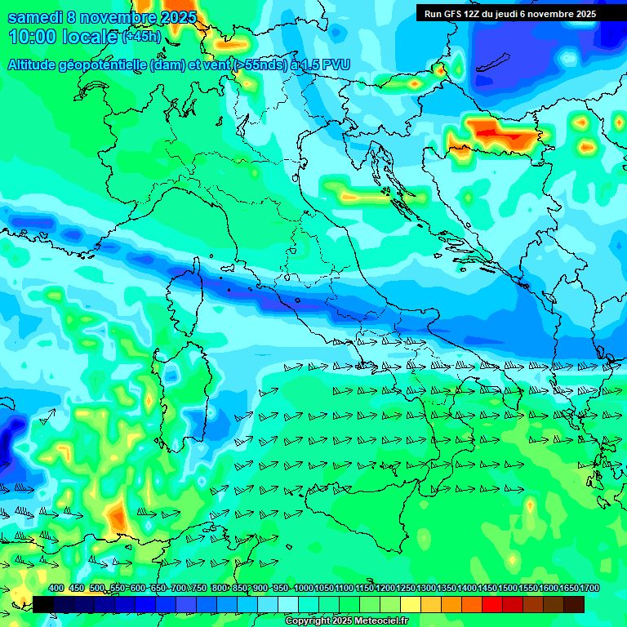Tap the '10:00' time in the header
[x=29, y=37]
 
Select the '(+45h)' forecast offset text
[x=140, y=37]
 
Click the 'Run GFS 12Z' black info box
[x=509, y=14]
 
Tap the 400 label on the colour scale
[x=56, y=589]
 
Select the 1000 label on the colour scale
[x=303, y=589]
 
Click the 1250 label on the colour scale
[x=405, y=589]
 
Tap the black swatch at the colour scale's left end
[x=43, y=603]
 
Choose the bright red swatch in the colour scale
[x=492, y=603]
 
